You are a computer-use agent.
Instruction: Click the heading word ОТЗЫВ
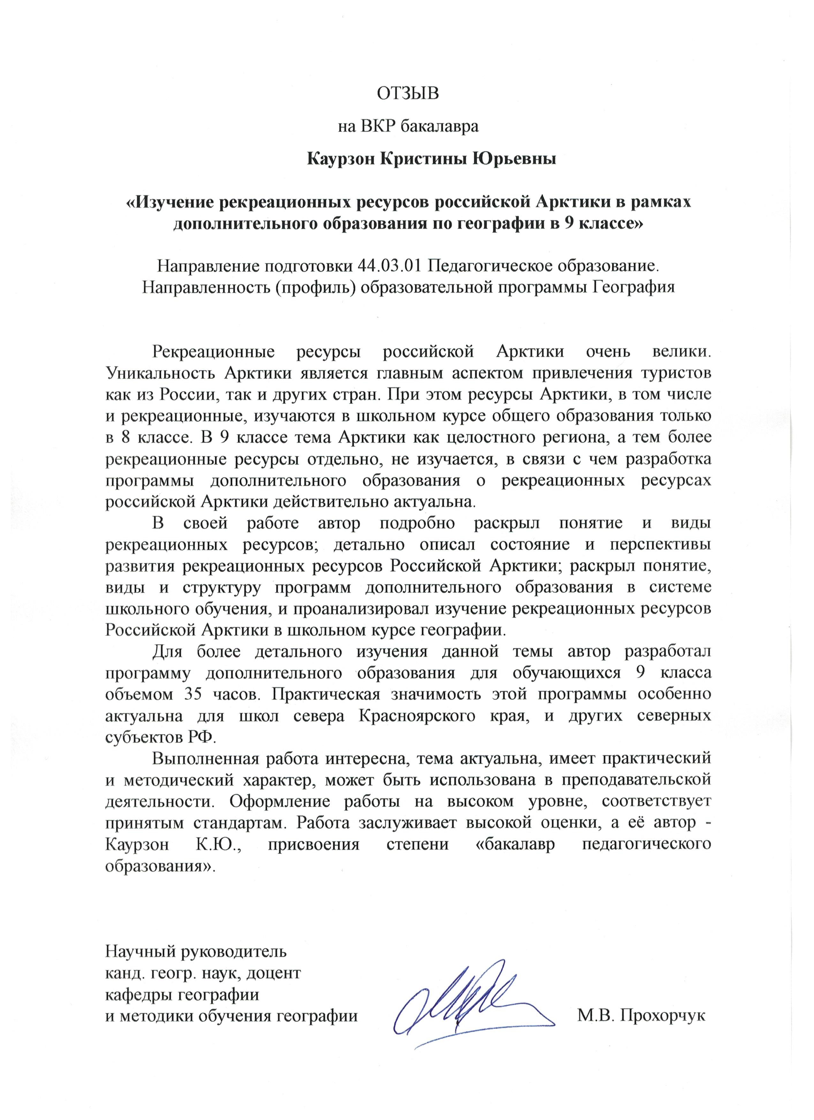coord(408,93)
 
